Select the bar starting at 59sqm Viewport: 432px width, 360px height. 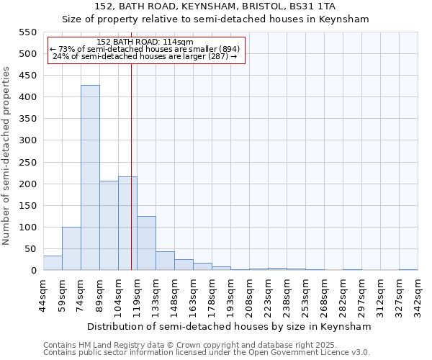click(x=71, y=248)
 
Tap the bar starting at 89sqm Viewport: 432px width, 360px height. click(x=109, y=225)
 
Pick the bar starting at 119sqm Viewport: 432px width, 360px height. click(x=146, y=243)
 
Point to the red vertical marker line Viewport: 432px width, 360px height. click(x=131, y=166)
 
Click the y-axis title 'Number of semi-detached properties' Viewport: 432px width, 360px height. click(x=6, y=156)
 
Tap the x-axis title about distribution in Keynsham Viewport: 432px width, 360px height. click(x=230, y=326)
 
